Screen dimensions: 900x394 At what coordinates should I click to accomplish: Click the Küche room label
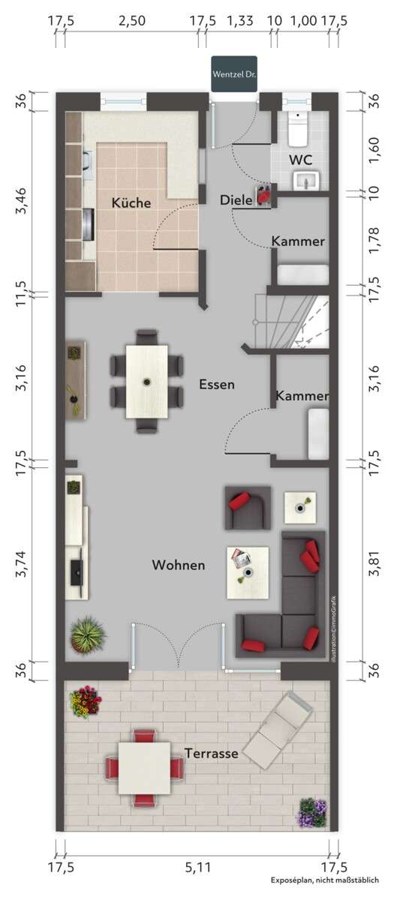pyautogui.click(x=131, y=202)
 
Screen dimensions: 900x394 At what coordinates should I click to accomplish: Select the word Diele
pyautogui.click(x=236, y=200)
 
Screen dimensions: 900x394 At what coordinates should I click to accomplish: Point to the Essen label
pyautogui.click(x=217, y=385)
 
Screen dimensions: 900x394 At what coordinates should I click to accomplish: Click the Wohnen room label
pyautogui.click(x=178, y=565)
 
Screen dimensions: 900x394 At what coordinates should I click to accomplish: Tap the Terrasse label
pyautogui.click(x=212, y=753)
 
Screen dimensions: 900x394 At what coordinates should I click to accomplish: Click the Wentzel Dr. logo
pyautogui.click(x=234, y=74)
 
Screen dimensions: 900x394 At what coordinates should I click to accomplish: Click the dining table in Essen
pyautogui.click(x=147, y=380)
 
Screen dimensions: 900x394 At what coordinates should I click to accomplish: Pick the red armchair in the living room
pyautogui.click(x=247, y=507)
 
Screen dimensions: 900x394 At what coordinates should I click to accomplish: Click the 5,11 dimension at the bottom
pyautogui.click(x=195, y=868)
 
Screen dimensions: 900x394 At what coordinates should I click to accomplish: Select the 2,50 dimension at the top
pyautogui.click(x=132, y=21)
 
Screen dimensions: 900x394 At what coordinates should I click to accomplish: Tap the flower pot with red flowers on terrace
pyautogui.click(x=85, y=702)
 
